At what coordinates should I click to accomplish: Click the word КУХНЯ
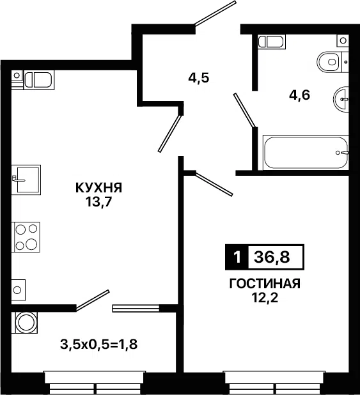tap(99, 188)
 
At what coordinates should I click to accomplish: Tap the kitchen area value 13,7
tap(98, 201)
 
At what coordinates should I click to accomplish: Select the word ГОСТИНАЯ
tap(265, 284)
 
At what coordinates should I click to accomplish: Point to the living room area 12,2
tap(265, 298)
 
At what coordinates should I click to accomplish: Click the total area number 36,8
tap(272, 258)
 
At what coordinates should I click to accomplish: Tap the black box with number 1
tap(237, 257)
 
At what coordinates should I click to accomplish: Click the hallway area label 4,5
tap(199, 78)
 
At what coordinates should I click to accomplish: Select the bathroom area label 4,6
tap(299, 95)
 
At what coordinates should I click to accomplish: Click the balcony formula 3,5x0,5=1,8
tap(99, 345)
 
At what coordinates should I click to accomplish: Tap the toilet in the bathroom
tap(333, 62)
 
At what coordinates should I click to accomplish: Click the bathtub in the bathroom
tap(306, 152)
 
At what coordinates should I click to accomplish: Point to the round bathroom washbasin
tap(341, 99)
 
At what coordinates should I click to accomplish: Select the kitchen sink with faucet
tap(26, 180)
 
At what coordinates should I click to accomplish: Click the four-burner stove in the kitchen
tap(26, 236)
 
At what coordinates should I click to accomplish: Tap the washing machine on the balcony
tap(24, 323)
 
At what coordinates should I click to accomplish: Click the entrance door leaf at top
tap(215, 13)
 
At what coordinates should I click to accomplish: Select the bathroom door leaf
tap(244, 110)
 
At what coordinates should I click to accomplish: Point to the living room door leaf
tap(214, 184)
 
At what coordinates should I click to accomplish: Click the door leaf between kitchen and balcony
tap(92, 300)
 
